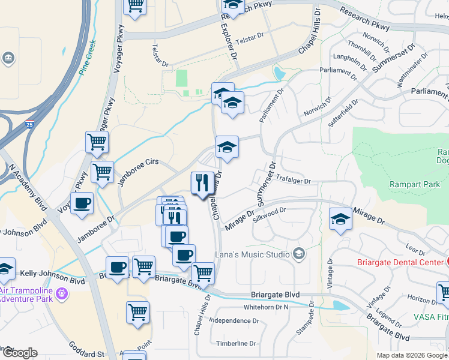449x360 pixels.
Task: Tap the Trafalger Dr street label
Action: (x=294, y=180)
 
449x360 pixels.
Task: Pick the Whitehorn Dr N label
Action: (x=266, y=307)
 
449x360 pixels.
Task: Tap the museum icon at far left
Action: (x=9, y=58)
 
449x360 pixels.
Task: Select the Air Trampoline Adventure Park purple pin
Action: (x=62, y=294)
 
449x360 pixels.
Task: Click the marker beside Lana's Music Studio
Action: (x=299, y=254)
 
